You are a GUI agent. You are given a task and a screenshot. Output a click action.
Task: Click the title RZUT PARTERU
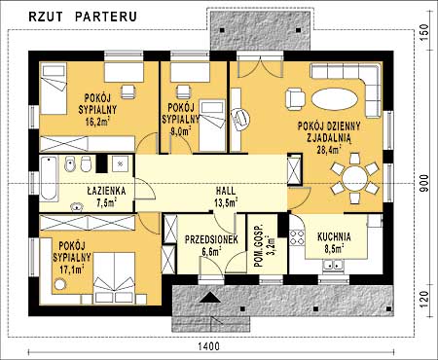point(83,17)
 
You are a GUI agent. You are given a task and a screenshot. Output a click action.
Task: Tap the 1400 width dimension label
point(208,346)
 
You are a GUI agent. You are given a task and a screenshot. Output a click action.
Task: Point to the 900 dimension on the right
point(424,183)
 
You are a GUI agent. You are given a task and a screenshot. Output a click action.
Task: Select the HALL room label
point(226,191)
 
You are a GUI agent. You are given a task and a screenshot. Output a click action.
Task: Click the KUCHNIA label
point(334,236)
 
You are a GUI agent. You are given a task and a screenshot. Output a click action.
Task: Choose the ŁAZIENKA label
point(106,191)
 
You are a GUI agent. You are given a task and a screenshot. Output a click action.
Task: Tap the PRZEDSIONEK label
point(211,239)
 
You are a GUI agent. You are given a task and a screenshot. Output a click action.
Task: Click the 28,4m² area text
point(328,149)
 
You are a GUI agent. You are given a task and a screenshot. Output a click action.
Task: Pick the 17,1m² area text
point(72,269)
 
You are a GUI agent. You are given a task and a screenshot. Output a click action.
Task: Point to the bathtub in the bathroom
point(49,178)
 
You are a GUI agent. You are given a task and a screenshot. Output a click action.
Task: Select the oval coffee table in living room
point(335,99)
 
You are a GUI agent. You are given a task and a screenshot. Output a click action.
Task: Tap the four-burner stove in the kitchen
point(297,237)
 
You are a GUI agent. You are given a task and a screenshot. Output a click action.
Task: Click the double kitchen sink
point(334,266)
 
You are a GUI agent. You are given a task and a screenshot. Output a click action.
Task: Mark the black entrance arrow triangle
point(210,297)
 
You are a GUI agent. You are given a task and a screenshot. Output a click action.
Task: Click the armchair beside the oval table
point(295,99)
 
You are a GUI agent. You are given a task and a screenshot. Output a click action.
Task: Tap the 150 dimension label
point(424,30)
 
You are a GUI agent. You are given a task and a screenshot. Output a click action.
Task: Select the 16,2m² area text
point(97,122)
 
